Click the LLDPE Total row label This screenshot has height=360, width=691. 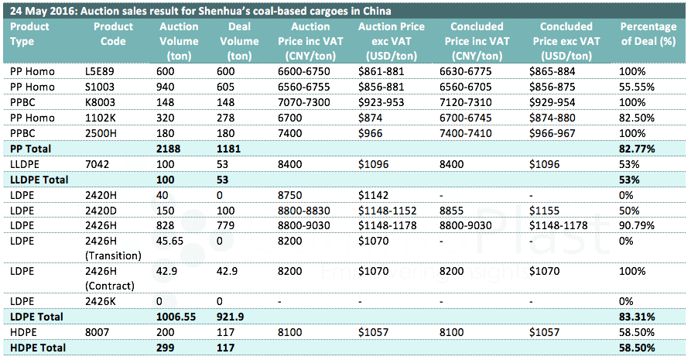39,178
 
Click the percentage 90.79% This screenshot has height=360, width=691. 638,223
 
